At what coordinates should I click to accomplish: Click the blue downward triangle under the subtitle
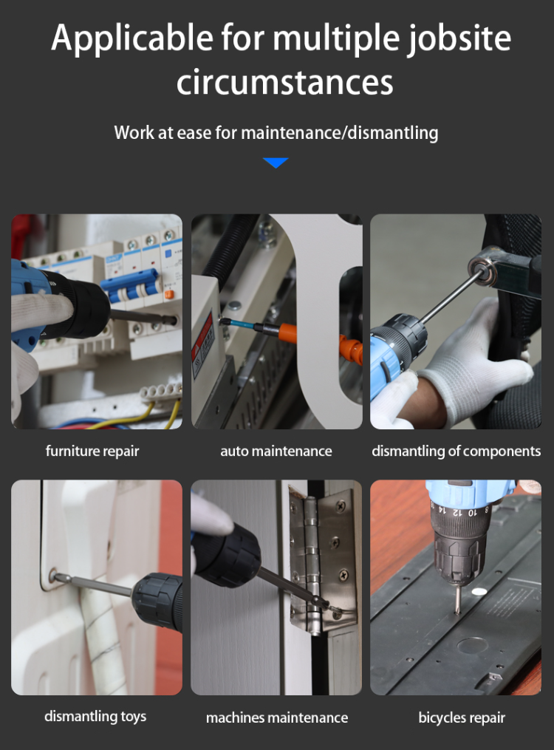pos(276,163)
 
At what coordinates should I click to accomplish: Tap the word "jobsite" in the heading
pos(459,38)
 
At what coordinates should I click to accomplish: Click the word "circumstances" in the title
pos(285,82)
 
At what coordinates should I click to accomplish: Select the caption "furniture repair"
pos(92,451)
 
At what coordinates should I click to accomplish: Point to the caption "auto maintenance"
pos(276,451)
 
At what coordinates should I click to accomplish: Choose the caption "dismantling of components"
pos(456,451)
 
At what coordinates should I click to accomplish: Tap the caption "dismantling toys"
pos(95,717)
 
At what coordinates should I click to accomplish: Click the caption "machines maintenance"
pos(277,717)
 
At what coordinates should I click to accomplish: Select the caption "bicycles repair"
pos(462,717)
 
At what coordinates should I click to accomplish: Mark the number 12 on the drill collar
pos(457,512)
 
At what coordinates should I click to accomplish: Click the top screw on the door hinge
pos(341,505)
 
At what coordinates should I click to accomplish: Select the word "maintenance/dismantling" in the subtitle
pos(339,133)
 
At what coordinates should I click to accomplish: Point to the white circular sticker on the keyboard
pos(479,592)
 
